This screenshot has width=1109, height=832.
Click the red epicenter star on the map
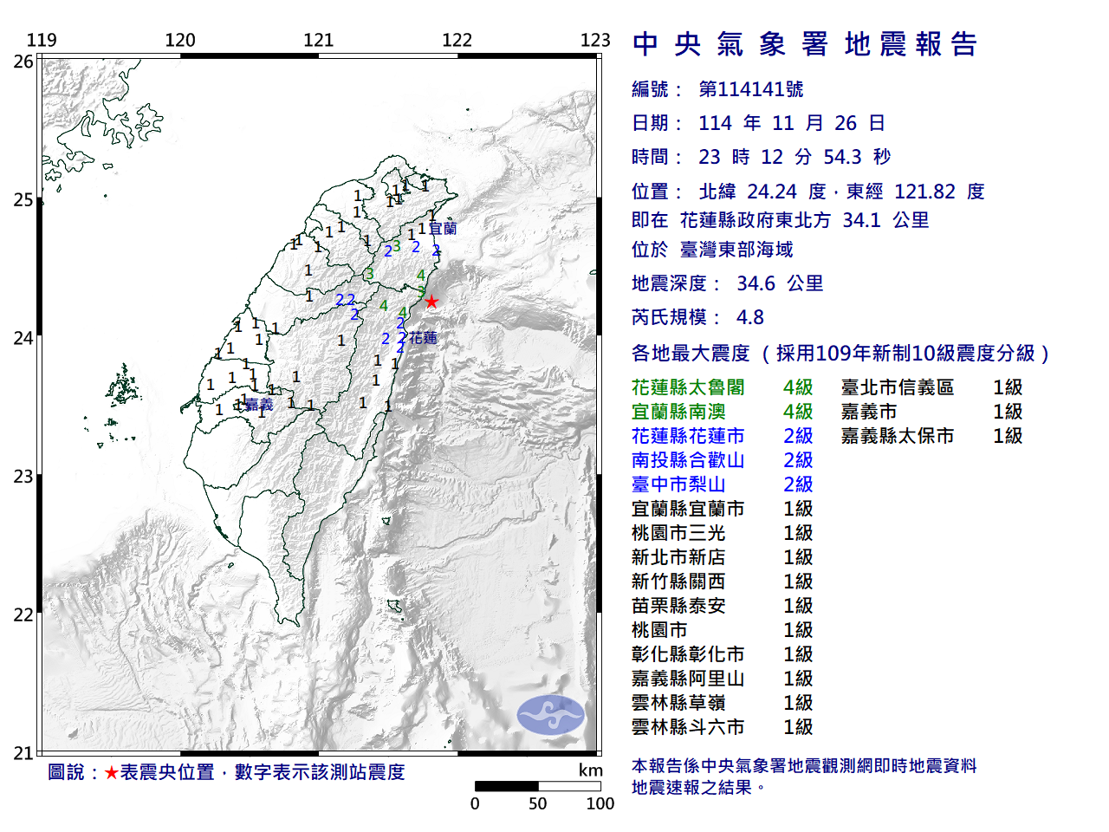pos(431,302)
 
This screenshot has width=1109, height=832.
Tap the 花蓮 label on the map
pos(423,337)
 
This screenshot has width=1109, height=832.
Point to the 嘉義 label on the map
pos(258,405)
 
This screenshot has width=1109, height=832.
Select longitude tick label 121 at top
pos(318,40)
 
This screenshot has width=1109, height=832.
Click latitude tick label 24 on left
pos(23,338)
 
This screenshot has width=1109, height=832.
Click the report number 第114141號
pos(750,89)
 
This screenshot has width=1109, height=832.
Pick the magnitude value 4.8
pos(749,317)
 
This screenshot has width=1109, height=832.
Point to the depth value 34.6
pos(756,283)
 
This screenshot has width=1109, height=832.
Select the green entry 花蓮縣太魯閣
pos(688,387)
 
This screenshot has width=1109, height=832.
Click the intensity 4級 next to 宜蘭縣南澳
pos(797,412)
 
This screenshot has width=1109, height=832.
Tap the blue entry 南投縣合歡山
pos(688,460)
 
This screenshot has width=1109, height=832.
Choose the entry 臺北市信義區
pos(897,387)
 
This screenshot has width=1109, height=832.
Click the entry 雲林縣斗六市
pos(688,727)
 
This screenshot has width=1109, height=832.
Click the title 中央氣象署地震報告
pos(805,44)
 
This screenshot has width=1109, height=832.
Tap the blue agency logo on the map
pos(550,715)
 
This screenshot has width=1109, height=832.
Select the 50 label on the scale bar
pos(537,803)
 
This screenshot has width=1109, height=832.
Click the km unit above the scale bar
pos(590,770)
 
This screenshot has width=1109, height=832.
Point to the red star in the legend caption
pos(111,772)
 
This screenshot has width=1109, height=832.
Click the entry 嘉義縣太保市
pos(897,436)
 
